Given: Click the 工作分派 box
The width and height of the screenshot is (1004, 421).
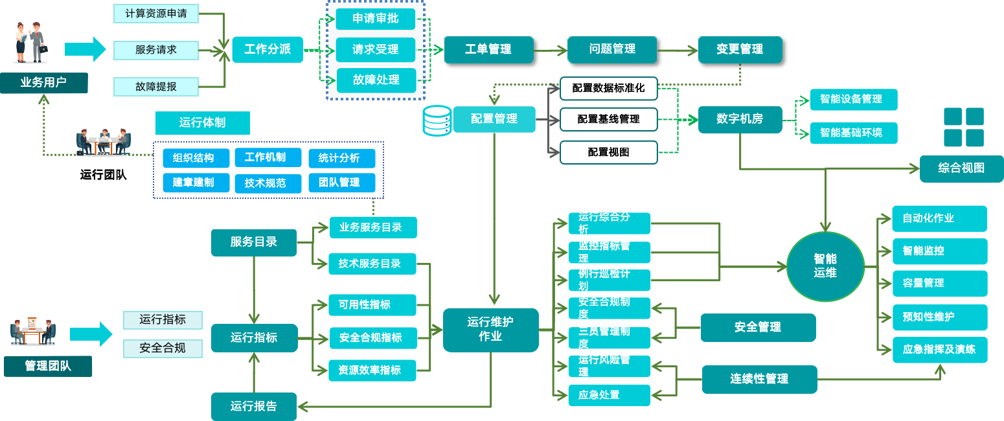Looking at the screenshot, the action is point(268,49).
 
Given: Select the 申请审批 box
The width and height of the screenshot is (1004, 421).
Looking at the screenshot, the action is point(375,19).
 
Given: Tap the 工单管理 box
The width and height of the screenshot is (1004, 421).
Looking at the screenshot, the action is point(488,49).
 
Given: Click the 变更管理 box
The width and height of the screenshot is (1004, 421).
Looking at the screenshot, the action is point(740,49).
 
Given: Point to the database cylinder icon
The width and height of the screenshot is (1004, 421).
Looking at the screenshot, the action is point(437,121).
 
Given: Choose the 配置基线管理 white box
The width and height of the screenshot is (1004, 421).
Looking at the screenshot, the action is point(608,119).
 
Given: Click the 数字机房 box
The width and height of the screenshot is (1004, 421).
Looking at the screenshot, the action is point(740,119).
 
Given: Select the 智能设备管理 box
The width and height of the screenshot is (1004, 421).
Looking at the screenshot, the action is point(854,99).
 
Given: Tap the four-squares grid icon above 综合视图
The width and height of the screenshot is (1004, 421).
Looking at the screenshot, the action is point(963,127).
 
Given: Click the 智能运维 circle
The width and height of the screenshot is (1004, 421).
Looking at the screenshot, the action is point(825,266).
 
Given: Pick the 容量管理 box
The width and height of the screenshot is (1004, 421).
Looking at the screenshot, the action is point(939,283).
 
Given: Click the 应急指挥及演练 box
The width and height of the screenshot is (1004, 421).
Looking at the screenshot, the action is point(939,349).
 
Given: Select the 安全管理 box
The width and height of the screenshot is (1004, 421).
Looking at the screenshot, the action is point(758,327).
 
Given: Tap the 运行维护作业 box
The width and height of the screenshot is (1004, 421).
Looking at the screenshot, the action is point(490,330).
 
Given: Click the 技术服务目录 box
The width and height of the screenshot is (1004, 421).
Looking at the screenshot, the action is point(372,264).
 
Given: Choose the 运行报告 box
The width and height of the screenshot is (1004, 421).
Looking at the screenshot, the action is point(254,406).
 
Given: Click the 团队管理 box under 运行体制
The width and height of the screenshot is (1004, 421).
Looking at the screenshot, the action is point(341,183).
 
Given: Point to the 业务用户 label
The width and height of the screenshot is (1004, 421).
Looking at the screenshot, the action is point(43,83).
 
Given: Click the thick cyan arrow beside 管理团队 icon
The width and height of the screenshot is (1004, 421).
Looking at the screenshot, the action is point(91,334).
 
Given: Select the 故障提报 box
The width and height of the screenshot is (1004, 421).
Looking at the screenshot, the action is point(156,86).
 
